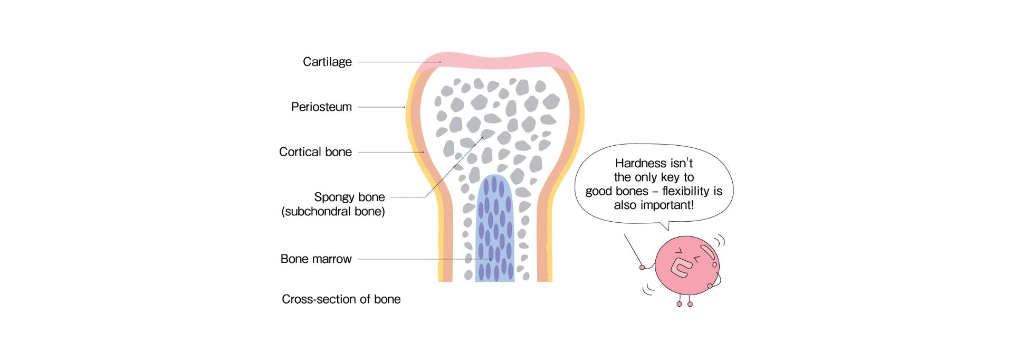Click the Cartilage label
coord(327,62)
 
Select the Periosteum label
coord(321,107)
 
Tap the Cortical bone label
coord(316,152)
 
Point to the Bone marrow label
coord(316,259)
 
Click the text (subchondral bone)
coord(333,212)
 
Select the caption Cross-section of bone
coord(341,299)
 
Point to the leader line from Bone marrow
coord(412,259)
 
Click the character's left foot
coord(680,304)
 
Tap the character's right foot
coord(690,304)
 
